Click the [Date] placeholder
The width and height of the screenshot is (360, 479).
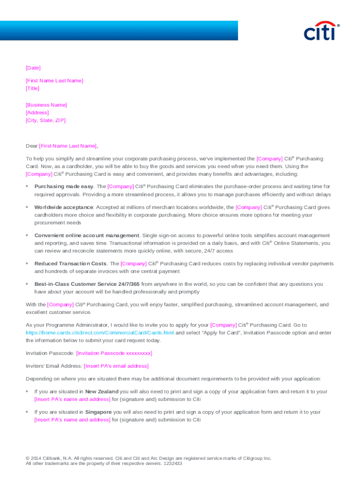(x=33, y=68)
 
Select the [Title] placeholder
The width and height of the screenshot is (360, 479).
(x=33, y=88)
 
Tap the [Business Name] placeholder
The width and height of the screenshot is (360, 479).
(x=46, y=105)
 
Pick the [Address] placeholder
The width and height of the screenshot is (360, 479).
(x=37, y=113)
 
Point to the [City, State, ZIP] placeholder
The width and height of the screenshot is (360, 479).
(x=46, y=120)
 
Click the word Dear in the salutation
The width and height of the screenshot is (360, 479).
(x=31, y=146)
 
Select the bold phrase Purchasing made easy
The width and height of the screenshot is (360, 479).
(x=64, y=187)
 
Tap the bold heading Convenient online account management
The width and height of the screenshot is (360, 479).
(x=87, y=235)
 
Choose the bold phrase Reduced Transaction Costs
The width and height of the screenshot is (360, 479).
(x=71, y=264)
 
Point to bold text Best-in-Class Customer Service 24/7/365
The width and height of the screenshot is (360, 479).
(x=87, y=284)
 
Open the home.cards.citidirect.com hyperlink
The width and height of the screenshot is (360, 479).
(x=100, y=333)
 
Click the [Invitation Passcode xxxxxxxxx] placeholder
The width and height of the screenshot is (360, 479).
(x=114, y=353)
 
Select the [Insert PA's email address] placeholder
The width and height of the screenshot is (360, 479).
(x=116, y=366)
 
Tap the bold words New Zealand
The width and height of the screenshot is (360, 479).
(x=101, y=392)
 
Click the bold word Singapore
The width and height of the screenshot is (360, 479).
(x=98, y=412)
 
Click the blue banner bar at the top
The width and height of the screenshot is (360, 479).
(x=119, y=30)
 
